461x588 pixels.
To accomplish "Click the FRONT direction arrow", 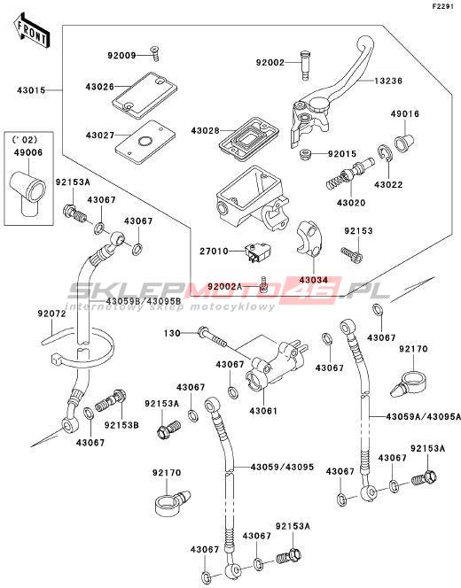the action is pos(32,31).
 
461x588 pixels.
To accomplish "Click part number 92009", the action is pos(121,56).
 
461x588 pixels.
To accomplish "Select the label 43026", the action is pos(100,87).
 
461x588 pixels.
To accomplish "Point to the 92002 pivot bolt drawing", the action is pos(306,66).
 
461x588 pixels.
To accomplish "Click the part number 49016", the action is pos(405,114).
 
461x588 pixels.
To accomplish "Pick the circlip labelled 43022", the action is pos(385,154).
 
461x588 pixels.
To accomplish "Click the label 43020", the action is pos(351,203).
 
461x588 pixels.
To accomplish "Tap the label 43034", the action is pos(314,280).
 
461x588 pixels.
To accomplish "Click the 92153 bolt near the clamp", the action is pos(352,254).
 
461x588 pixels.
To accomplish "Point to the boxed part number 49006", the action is pos(28,152).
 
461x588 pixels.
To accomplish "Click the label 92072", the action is pos(51,313).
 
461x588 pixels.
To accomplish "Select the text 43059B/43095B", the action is pos(138,301).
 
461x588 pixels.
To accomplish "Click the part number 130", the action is pos(172,333).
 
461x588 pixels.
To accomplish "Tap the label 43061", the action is pos(263,411).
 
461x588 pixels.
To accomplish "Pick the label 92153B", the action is pos(121,425).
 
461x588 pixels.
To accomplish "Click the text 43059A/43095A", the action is pos(423,416).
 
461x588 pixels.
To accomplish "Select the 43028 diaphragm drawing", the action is pos(249,138).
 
